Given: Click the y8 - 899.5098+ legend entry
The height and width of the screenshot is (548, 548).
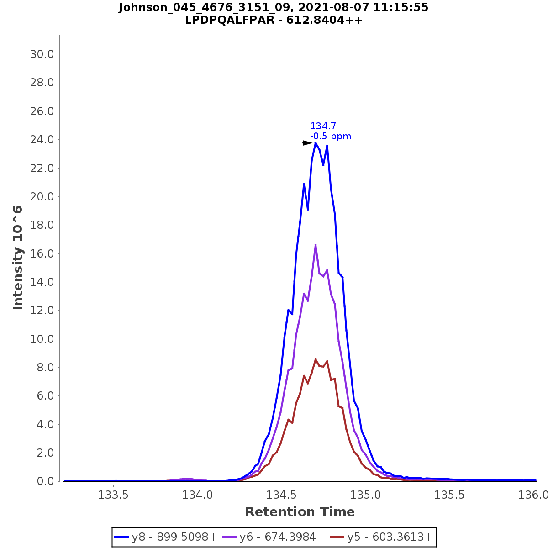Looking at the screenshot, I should [166, 537].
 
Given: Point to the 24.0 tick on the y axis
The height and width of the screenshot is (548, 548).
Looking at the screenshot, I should [42, 140].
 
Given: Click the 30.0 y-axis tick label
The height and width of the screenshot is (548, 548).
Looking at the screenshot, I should [42, 54].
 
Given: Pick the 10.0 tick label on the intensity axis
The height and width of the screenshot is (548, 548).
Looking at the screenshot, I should [42, 339].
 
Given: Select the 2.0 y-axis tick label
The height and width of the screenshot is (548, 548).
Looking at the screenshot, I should [45, 453].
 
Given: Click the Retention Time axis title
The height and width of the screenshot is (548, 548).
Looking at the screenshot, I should [300, 512].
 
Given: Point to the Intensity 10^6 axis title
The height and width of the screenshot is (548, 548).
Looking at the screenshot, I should [18, 258].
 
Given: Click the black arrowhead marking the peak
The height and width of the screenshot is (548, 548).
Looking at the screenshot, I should [307, 143].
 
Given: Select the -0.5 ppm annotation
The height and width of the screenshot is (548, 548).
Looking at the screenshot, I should [331, 137].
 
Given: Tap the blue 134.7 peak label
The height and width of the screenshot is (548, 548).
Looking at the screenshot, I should [323, 126].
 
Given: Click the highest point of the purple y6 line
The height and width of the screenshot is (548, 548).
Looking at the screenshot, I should [316, 245].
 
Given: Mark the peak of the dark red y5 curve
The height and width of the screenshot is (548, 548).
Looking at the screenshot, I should [316, 359].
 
